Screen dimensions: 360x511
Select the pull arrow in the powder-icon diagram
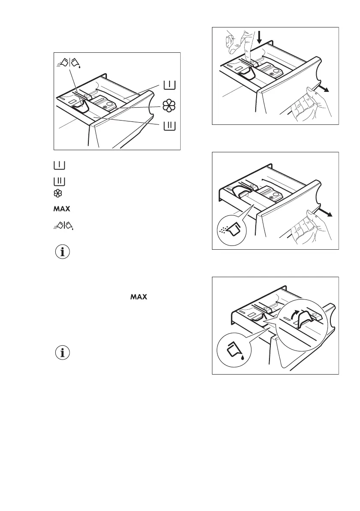[x=325, y=213]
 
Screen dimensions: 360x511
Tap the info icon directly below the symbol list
[x=63, y=253]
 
